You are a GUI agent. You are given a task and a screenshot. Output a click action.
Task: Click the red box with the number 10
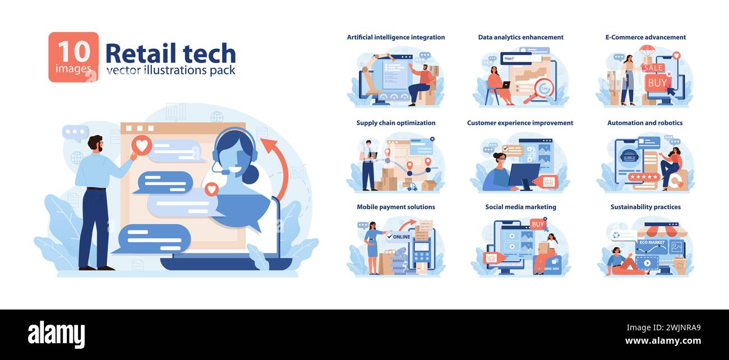[73, 57]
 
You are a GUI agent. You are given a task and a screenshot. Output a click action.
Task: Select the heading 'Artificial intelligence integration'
[396, 38]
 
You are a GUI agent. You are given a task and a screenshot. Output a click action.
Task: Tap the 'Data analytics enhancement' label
[520, 38]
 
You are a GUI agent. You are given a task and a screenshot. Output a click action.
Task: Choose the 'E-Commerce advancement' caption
[645, 38]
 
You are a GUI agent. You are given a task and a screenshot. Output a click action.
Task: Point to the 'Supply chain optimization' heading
[396, 123]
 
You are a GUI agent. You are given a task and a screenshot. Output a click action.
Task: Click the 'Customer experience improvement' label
[520, 123]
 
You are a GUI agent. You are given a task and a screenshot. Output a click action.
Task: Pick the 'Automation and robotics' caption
[645, 123]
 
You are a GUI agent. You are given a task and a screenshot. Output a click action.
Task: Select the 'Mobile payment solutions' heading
[396, 207]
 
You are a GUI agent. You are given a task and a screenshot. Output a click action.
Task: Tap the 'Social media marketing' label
[520, 207]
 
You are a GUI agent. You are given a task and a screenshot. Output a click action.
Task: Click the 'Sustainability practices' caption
[645, 207]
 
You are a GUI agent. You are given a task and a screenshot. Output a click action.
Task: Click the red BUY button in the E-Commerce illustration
[657, 83]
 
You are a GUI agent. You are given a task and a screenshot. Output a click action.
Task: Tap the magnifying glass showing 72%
[543, 89]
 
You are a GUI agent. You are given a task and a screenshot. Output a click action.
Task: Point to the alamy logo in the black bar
[57, 335]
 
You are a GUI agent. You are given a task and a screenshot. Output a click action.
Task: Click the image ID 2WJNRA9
[677, 328]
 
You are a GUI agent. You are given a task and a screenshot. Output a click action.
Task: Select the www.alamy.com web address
[662, 341]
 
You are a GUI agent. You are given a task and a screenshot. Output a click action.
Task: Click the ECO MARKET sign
[651, 242]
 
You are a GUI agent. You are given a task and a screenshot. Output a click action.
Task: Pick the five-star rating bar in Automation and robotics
[643, 177]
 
